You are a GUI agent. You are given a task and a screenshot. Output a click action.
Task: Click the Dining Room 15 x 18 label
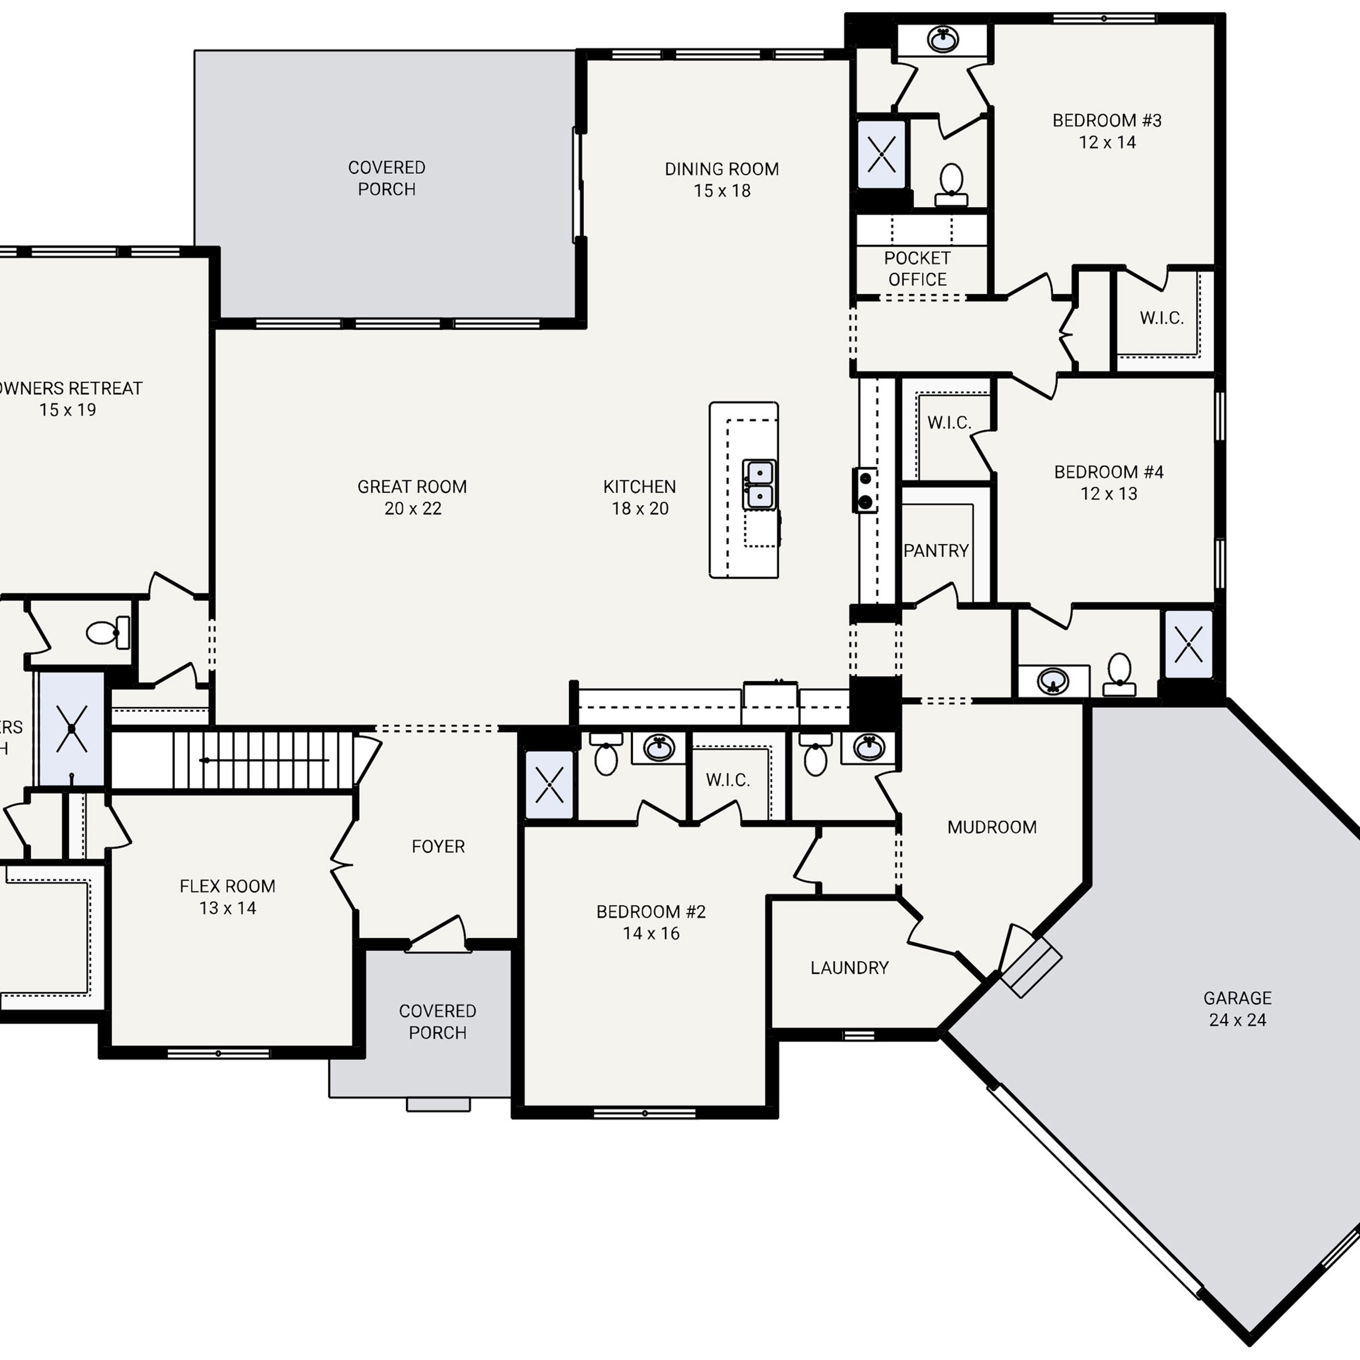click(721, 180)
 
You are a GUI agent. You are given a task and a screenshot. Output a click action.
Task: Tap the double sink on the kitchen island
click(760, 484)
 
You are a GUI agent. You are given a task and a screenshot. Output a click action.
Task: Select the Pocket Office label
click(916, 268)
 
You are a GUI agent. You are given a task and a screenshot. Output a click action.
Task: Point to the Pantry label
click(936, 550)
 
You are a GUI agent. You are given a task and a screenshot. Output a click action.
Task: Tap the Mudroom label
click(991, 827)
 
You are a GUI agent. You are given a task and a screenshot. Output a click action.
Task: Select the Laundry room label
click(849, 967)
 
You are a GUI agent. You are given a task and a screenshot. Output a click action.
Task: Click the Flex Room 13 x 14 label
click(227, 896)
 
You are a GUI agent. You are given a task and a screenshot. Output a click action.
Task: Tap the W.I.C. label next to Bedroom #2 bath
click(728, 780)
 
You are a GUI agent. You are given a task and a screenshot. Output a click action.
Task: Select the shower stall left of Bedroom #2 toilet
click(549, 785)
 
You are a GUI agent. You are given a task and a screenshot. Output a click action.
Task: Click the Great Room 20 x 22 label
click(412, 497)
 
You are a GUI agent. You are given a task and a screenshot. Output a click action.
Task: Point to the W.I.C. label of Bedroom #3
click(1161, 318)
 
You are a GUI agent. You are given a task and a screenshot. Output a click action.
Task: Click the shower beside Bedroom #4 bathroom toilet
click(1188, 644)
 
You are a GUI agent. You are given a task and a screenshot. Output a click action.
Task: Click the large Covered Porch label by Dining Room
click(386, 178)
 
